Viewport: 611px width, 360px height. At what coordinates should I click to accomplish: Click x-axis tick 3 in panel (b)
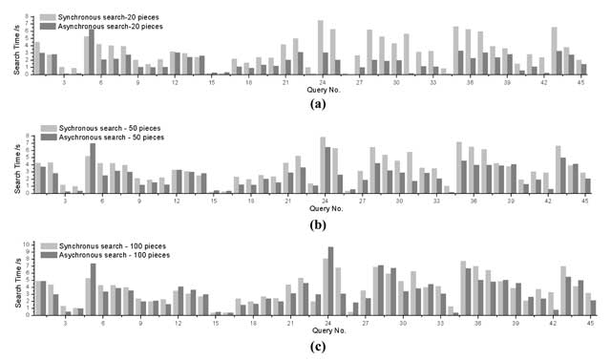(65, 202)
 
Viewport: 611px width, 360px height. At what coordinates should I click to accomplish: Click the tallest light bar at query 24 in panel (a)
(320, 48)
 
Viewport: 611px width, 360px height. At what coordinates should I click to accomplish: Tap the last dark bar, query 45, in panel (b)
(587, 186)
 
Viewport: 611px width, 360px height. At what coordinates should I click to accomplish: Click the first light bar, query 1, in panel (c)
(36, 299)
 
